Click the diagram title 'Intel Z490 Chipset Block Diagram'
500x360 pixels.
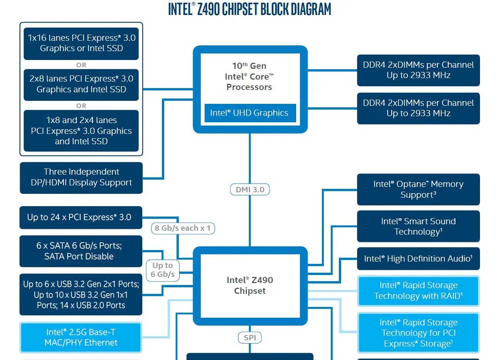click(250, 9)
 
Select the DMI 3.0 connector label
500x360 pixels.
click(250, 190)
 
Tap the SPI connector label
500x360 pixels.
click(250, 338)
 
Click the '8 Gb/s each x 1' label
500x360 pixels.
click(183, 228)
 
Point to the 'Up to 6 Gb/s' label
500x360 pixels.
click(163, 270)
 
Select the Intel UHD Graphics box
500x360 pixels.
click(250, 113)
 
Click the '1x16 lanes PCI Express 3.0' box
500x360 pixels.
click(81, 43)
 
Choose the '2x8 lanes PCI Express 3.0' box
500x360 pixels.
click(81, 84)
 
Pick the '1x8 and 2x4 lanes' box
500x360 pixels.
click(81, 131)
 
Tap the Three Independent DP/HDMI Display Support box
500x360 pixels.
click(81, 177)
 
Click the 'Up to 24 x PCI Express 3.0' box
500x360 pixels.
click(80, 217)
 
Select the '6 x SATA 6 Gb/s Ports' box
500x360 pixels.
click(80, 251)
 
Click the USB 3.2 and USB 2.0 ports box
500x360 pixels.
click(80, 295)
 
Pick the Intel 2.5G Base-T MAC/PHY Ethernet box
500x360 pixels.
click(81, 337)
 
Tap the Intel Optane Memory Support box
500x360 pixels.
click(418, 189)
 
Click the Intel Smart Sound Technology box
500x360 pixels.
click(418, 226)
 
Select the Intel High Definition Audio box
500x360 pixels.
click(418, 259)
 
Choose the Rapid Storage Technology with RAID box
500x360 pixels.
click(418, 291)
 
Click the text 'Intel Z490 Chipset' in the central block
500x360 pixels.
click(250, 285)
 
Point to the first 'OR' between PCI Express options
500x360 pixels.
click(81, 65)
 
